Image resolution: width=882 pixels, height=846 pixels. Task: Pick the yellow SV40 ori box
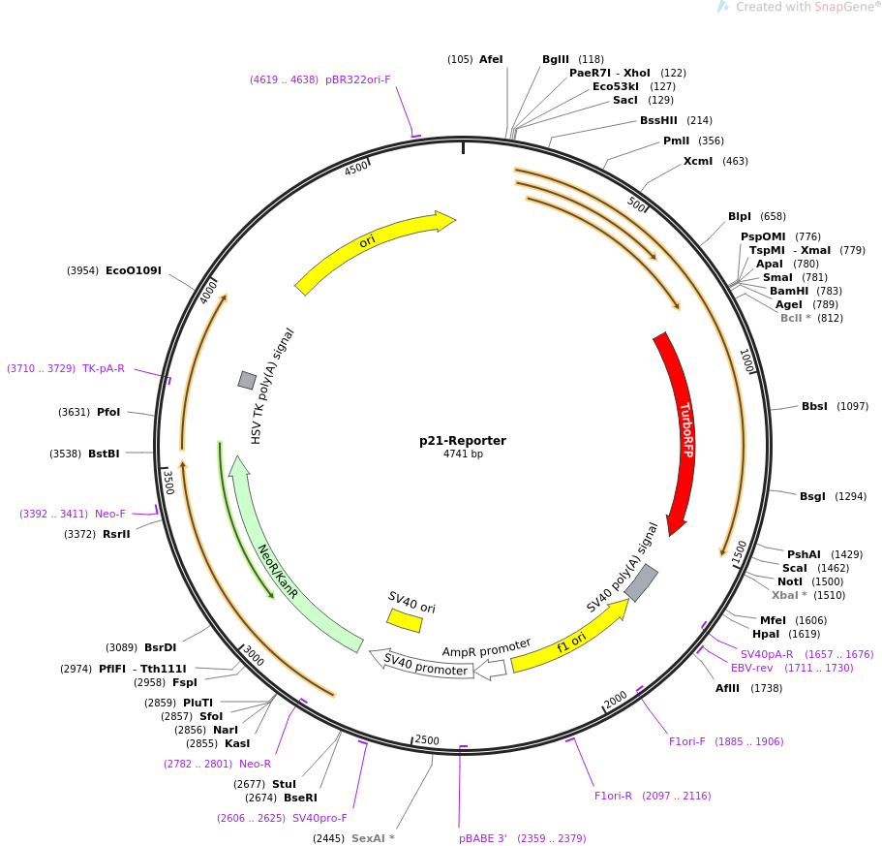coord(405,620)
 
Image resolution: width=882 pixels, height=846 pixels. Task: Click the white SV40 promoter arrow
coord(422,665)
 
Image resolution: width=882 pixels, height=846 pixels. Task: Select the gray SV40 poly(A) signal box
coord(641,582)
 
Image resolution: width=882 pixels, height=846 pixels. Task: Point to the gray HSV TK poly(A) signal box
coord(247,380)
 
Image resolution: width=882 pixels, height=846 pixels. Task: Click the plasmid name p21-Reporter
coord(463,441)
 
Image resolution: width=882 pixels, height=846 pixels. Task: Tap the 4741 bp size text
coord(463,454)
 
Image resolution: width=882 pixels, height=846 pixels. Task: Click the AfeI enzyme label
coord(491,59)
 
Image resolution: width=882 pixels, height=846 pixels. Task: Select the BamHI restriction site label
coord(789,291)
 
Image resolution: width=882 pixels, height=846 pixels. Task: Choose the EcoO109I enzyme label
coord(134,270)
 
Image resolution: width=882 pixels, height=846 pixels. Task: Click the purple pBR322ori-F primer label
coord(358,79)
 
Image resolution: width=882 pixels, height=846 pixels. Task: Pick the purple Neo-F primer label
coord(110,514)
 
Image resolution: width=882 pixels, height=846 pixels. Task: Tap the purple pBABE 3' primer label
coord(482,838)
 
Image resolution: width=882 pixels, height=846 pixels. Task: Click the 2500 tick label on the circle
coord(427,740)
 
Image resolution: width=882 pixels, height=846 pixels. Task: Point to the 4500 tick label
coord(356,168)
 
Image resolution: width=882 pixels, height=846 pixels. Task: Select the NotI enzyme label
coord(790,581)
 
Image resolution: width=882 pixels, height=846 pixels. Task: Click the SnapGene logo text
coord(806,7)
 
